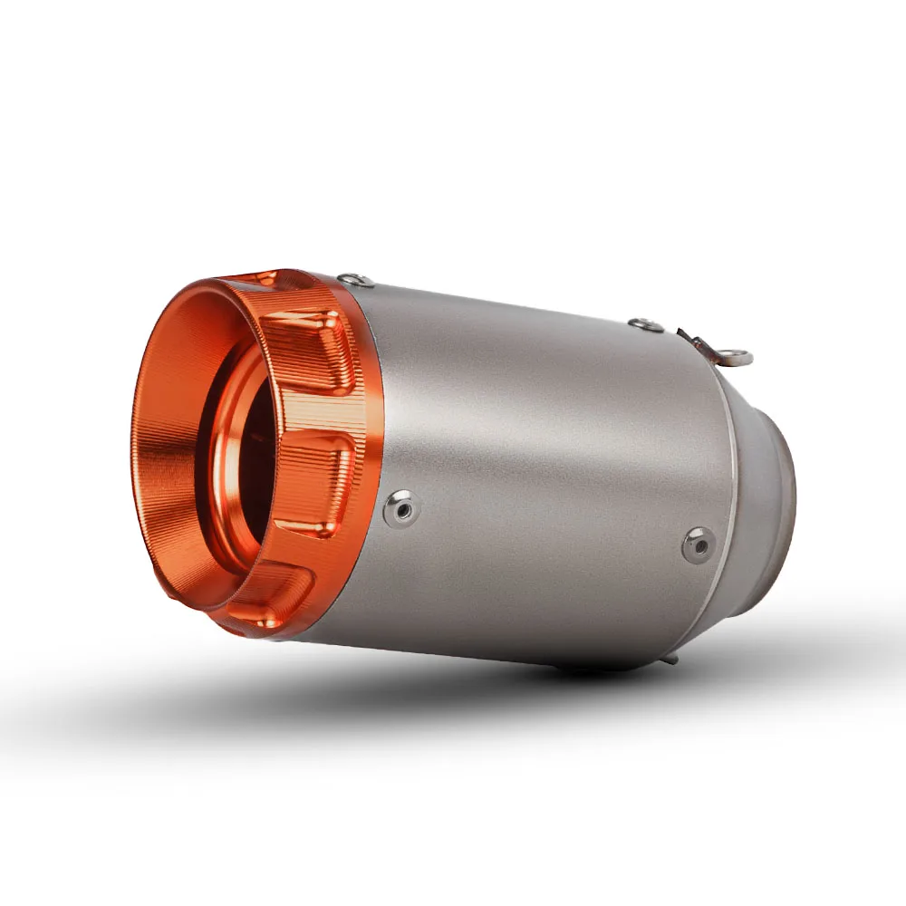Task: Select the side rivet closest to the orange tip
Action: point(399,507)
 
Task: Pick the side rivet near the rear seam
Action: point(697,543)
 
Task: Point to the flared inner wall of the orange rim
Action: point(168,471)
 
